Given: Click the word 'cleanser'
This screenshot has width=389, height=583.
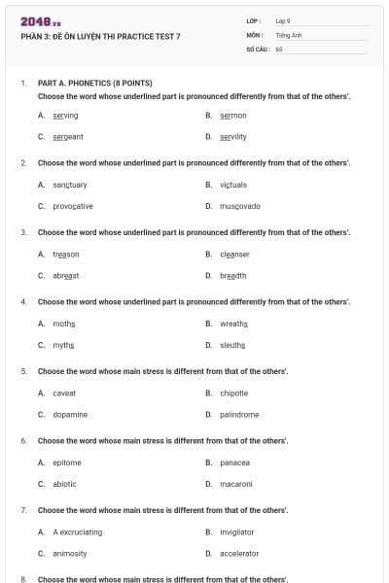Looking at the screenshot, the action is [234, 254].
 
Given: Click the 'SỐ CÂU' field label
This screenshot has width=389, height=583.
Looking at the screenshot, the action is [257, 48].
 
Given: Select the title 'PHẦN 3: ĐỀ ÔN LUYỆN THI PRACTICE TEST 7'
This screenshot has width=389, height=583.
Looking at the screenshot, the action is [100, 36].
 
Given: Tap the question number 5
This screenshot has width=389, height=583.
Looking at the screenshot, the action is [23, 371].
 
